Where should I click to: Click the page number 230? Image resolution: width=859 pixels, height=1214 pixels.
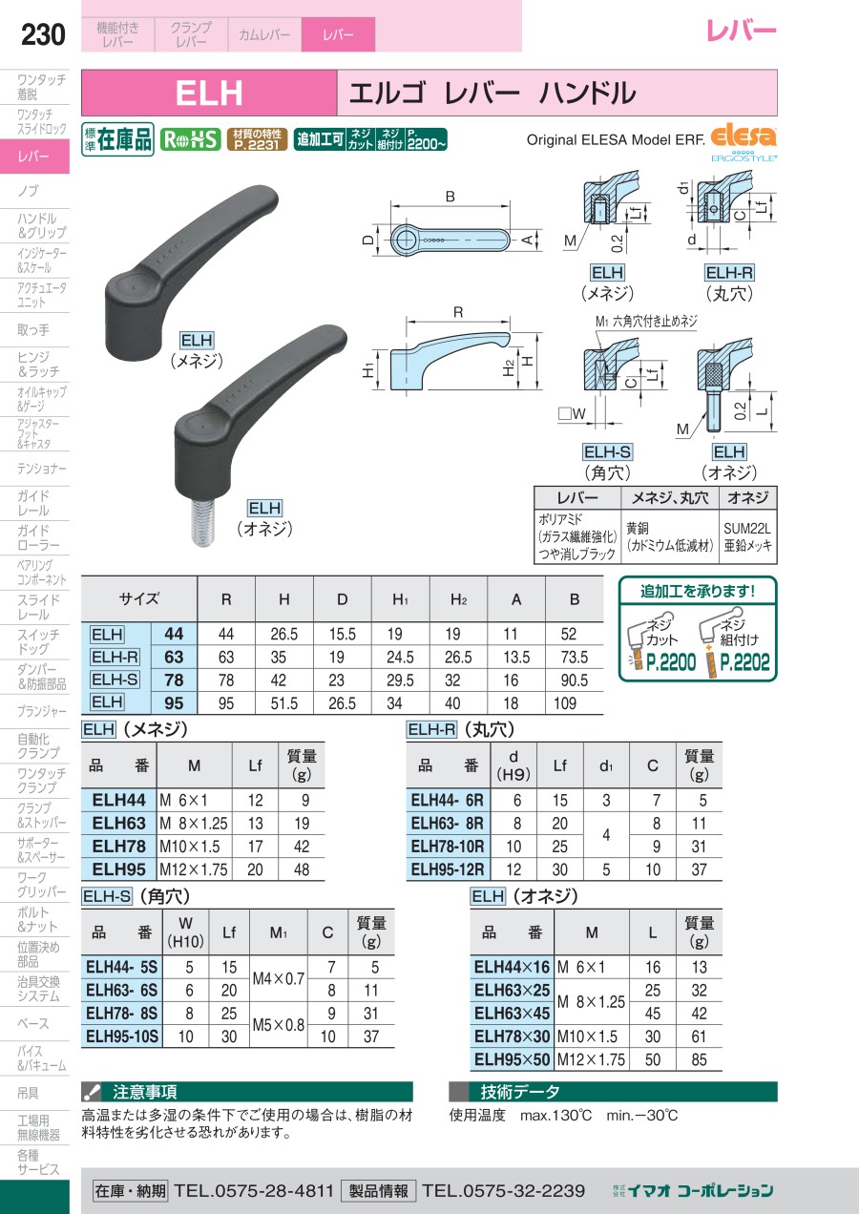pos(43,34)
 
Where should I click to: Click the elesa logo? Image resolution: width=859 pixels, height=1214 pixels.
pos(744,136)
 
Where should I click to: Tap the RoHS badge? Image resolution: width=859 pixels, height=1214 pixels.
pos(191,140)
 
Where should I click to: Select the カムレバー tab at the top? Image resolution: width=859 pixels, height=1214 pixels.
pos(264,34)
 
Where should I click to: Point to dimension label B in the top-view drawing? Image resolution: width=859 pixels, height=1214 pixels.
pos(450,197)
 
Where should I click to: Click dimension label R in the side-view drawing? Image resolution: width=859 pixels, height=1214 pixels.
pos(458,313)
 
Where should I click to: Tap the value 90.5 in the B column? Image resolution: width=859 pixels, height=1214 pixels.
pos(575,680)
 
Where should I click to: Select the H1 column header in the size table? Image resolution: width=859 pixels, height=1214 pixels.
pos(401,599)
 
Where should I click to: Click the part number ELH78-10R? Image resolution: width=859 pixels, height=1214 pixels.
pos(448,846)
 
